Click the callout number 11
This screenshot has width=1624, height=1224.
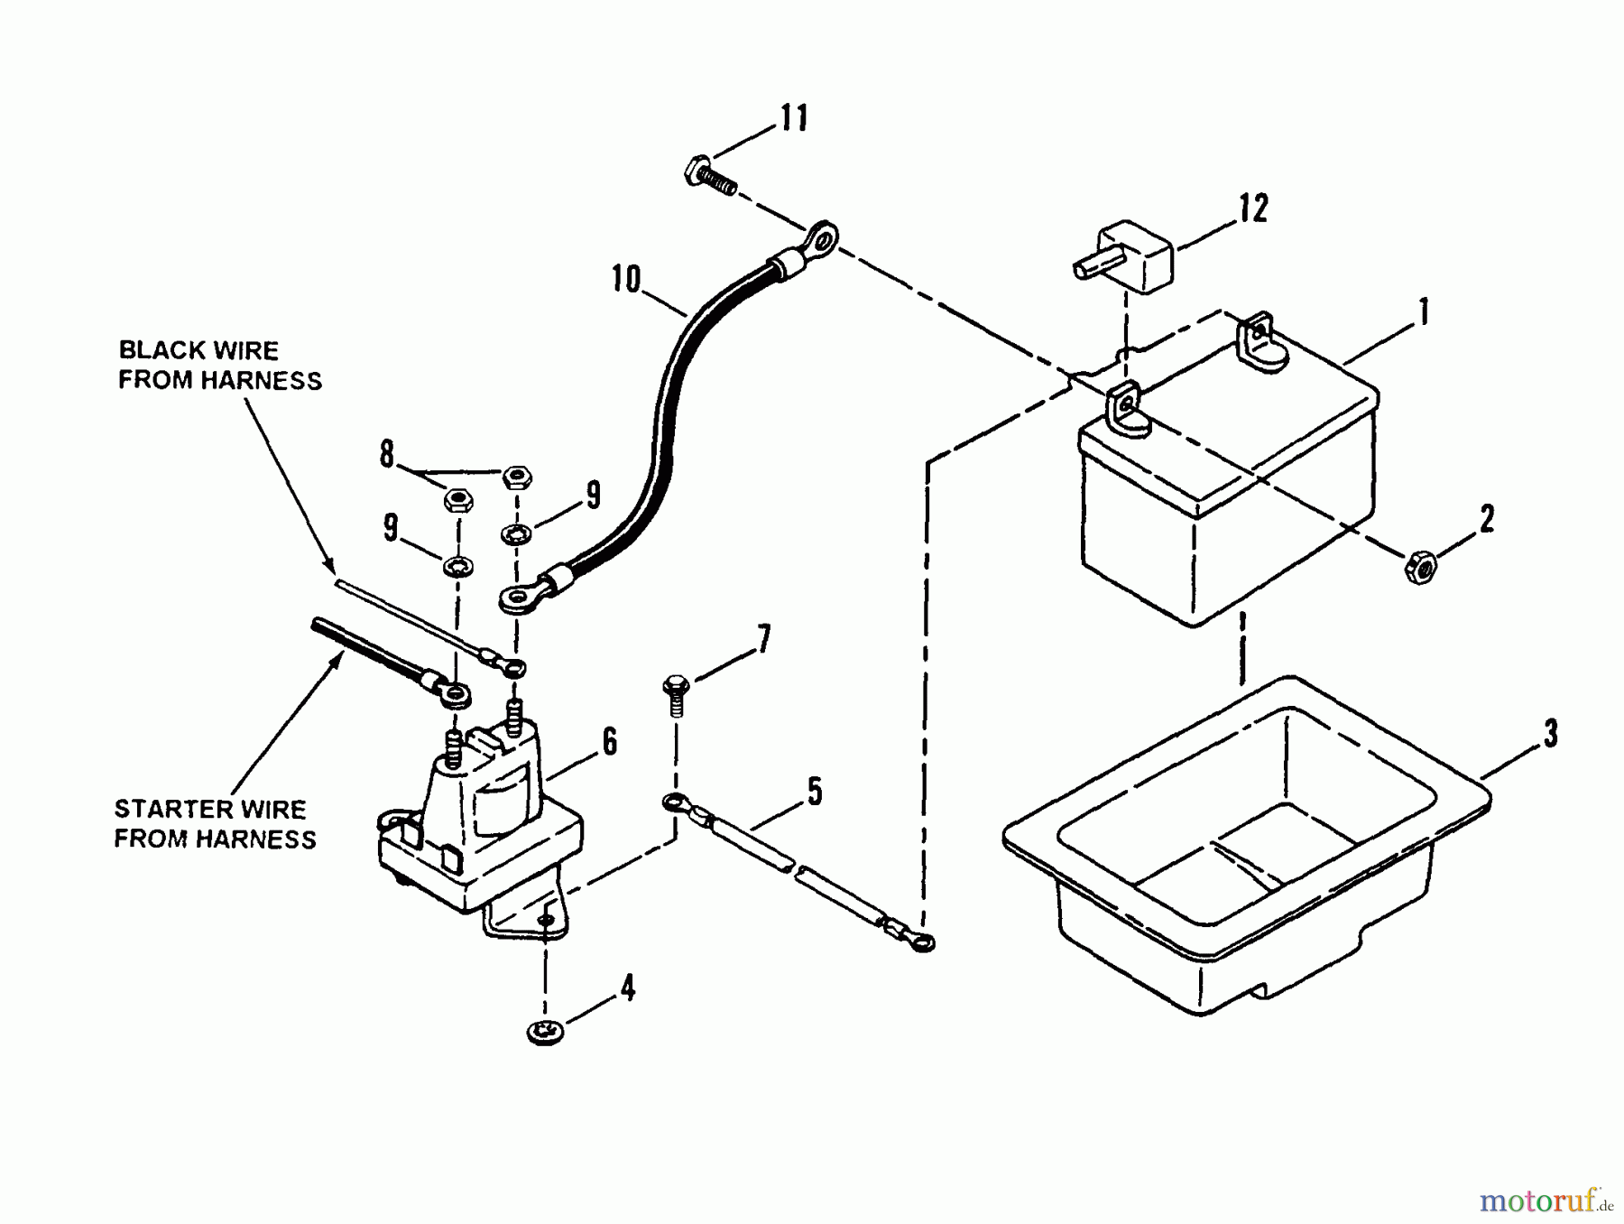click(794, 118)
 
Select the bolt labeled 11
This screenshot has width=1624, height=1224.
click(710, 177)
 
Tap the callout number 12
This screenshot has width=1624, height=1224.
click(1252, 209)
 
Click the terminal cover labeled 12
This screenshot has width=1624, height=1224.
click(1122, 256)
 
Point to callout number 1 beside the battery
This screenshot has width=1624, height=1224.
click(1424, 312)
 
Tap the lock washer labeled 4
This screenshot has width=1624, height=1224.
click(545, 1031)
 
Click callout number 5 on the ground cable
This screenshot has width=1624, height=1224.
click(814, 792)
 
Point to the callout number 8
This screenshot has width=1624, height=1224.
click(387, 454)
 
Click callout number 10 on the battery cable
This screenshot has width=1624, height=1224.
click(625, 279)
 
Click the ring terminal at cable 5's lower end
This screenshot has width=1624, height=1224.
click(920, 943)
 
